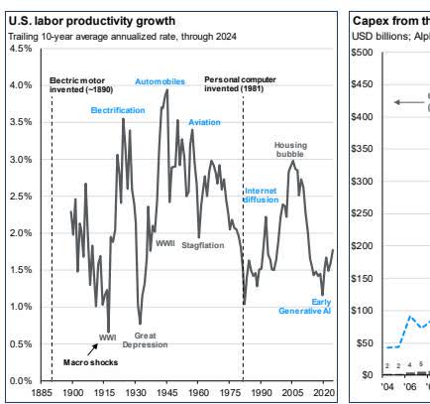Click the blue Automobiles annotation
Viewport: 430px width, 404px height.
[160, 82]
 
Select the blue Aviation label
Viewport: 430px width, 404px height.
[204, 122]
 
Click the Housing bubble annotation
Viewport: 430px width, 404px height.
[291, 149]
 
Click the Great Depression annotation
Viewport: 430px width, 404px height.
[146, 340]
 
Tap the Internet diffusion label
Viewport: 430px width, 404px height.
[262, 194]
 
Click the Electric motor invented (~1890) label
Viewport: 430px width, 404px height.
[81, 82]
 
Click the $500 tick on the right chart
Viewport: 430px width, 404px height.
[366, 53]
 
